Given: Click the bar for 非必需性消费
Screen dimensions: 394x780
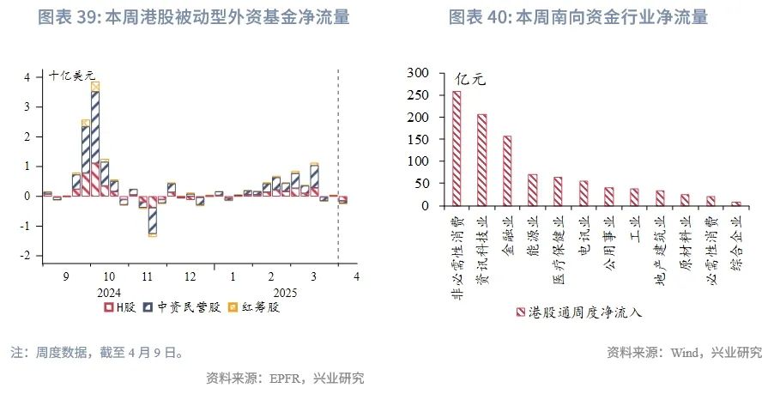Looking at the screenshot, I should (x=457, y=149).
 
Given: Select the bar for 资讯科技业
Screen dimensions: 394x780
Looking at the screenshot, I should (x=481, y=160).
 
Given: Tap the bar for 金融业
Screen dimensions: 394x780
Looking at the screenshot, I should (x=507, y=171).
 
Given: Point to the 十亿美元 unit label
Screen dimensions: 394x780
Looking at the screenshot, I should (x=72, y=76).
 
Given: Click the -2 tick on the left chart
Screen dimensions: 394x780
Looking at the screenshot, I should (x=26, y=256).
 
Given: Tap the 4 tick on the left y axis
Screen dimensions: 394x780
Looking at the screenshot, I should (x=27, y=76).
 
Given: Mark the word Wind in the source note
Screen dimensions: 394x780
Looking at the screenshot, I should (x=686, y=352).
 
